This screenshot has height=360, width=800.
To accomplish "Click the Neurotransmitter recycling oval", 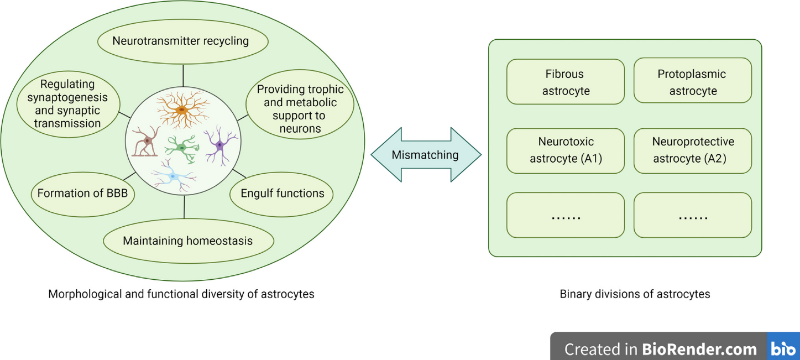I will (182, 41).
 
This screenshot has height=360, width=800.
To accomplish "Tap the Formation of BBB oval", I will (83, 194).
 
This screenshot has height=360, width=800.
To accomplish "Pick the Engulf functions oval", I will (282, 194).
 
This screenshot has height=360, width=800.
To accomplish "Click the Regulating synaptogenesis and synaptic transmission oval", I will (67, 104).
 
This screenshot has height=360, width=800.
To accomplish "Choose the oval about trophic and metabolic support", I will (300, 109).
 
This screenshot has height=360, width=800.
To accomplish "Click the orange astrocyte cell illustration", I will (182, 110).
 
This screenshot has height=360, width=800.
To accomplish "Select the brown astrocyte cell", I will (147, 143).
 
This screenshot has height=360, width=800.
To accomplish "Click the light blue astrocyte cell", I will (172, 176).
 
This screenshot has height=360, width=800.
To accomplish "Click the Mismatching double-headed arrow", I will (425, 155).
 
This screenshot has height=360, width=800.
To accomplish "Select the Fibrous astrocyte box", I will (566, 82).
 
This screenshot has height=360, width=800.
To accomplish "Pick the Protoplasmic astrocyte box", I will (692, 82).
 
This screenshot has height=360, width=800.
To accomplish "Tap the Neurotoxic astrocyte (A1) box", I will (566, 150).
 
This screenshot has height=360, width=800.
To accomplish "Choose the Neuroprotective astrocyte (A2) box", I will (692, 150).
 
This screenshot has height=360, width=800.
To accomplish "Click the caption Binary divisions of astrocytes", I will (635, 294).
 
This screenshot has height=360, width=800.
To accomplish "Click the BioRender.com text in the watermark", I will (699, 349).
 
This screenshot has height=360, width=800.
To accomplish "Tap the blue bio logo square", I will (783, 348).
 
